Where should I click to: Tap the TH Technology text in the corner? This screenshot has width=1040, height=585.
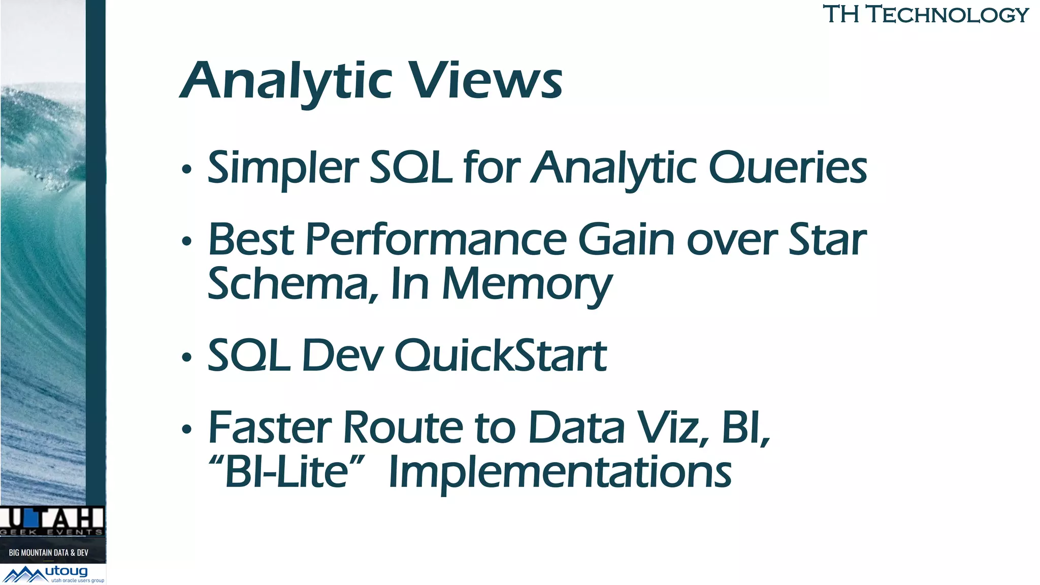(925, 14)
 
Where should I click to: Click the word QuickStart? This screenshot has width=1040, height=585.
(500, 355)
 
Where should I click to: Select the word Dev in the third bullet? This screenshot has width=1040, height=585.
(343, 355)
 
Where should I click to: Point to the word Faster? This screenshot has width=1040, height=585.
(270, 428)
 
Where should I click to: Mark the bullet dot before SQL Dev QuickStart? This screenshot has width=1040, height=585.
(187, 357)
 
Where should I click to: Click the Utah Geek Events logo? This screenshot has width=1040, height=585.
(52, 521)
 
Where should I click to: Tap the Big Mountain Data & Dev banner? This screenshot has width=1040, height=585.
(49, 552)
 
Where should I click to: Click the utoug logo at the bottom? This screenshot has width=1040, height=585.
(53, 574)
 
